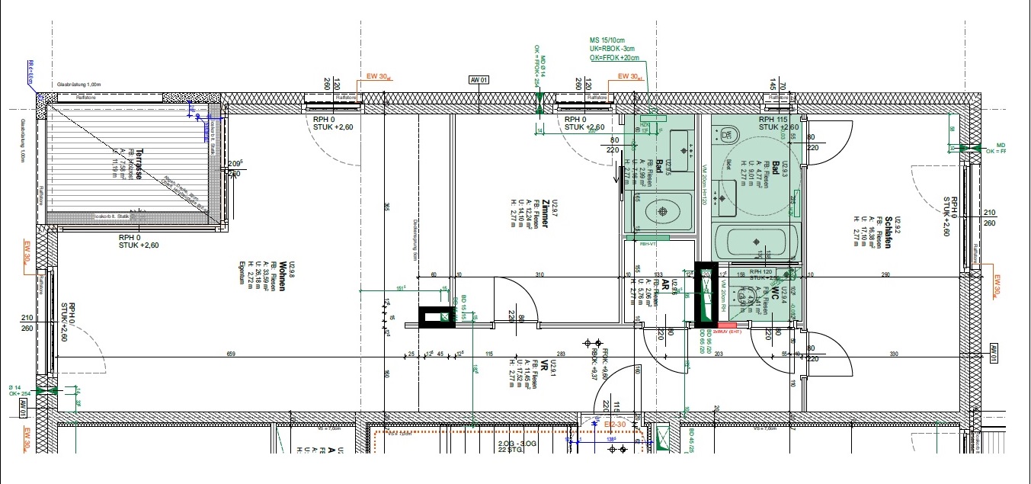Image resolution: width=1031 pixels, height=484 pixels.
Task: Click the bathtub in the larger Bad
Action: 757,241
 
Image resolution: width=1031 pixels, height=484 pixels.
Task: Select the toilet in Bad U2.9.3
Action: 728,136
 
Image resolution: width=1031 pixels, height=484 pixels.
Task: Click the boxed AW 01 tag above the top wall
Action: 479,79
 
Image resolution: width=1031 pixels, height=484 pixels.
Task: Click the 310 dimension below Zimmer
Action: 540,274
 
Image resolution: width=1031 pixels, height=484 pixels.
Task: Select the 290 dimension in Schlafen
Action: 864,274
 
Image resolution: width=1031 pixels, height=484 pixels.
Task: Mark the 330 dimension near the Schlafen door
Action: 895,354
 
